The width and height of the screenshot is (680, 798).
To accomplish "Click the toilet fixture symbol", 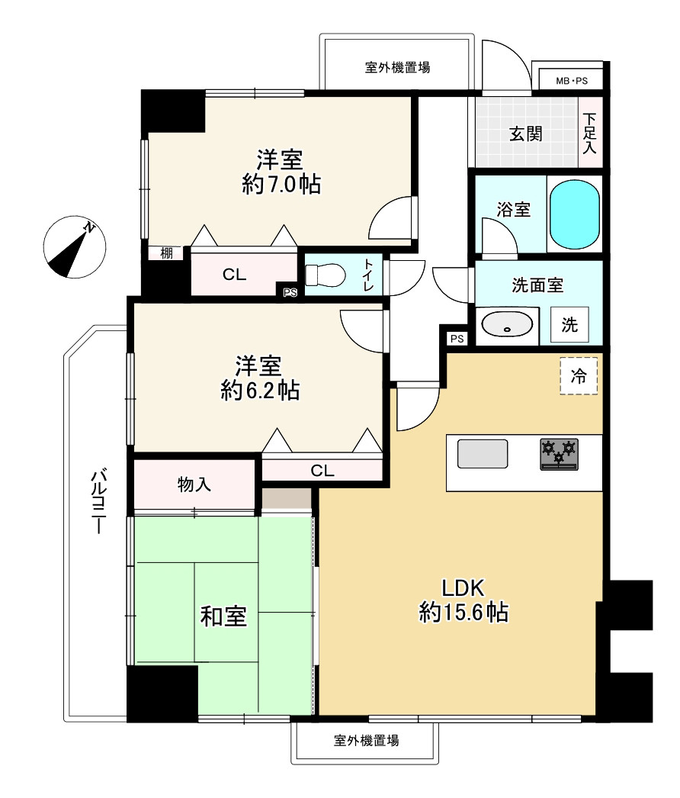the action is coord(326,275).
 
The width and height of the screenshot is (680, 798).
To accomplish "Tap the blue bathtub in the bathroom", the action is coord(575,214).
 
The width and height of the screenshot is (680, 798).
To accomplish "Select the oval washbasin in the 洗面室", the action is coord(507,324).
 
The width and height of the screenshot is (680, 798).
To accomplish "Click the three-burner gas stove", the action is coord(559,454).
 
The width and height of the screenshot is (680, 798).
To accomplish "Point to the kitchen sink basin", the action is coord(483,454).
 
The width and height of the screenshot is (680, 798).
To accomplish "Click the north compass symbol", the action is coord(75,247).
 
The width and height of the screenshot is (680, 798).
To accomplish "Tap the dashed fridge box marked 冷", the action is coord(579,376).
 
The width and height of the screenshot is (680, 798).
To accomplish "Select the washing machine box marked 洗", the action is coord(569,324).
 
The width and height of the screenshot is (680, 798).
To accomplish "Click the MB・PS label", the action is coord(572,81).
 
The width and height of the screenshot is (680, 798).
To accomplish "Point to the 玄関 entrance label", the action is coord(526,134).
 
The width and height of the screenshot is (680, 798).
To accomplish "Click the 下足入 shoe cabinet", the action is coord(590,132).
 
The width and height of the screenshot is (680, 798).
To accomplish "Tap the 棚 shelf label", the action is coord(166,253).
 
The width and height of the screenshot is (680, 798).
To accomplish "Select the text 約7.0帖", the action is coord(281,184).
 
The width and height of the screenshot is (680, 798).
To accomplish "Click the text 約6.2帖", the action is coord(260,391).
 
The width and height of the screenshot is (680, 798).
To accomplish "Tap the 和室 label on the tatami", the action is coord(223,616).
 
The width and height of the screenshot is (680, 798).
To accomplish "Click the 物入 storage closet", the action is coord(194,484).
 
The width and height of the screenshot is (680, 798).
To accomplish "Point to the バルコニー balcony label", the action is coord(98,502).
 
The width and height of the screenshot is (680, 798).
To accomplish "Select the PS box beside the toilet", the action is coord(290,293).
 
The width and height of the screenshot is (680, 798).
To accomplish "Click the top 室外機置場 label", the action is coord(397,67).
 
